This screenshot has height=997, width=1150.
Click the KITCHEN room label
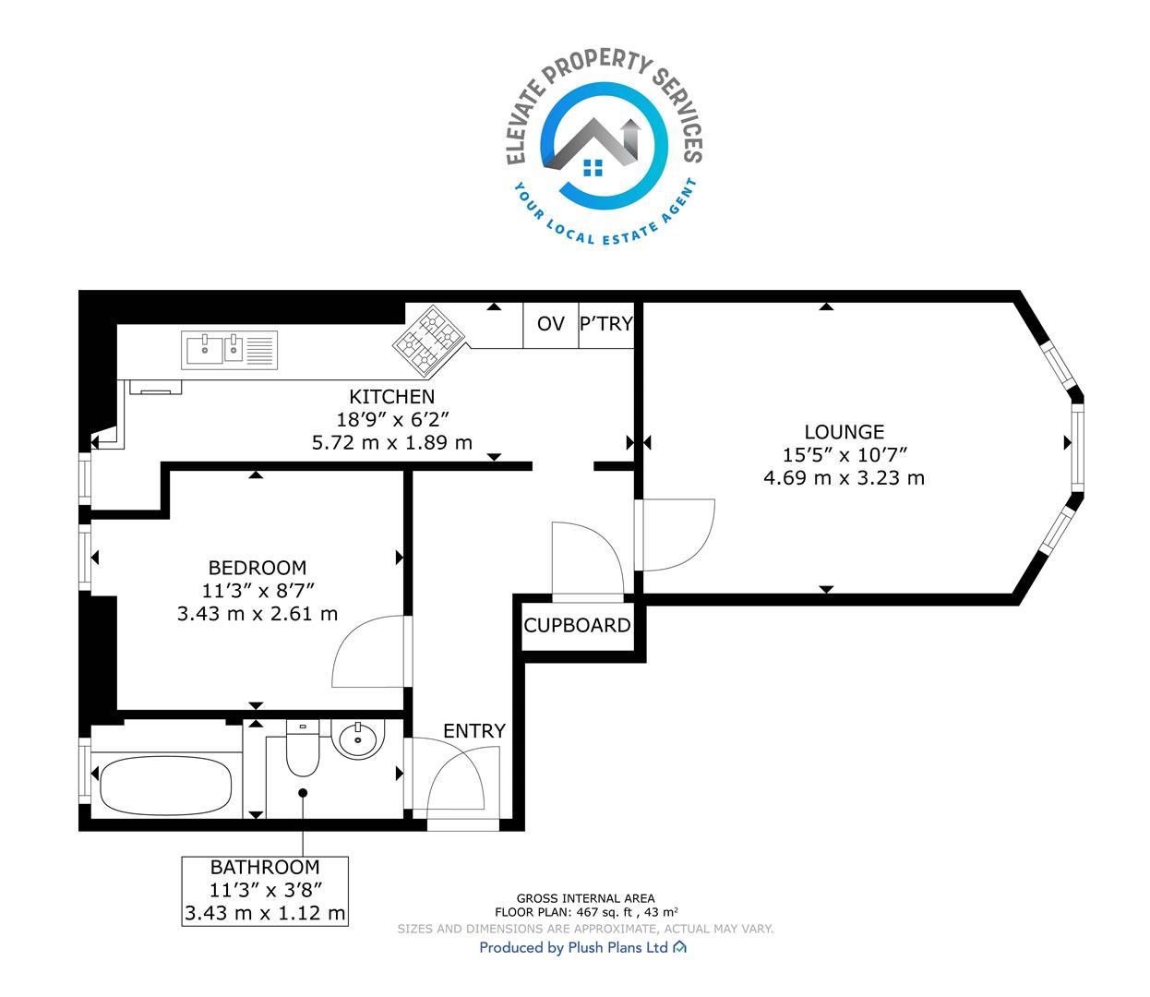point(391,397)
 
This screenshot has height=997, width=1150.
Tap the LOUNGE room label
point(844,432)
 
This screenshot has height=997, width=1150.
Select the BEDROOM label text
point(257,568)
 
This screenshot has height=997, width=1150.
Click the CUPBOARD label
point(578,625)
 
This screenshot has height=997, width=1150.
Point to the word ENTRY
point(474,730)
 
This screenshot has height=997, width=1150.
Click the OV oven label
point(551,324)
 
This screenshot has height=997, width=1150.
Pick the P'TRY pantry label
point(606,324)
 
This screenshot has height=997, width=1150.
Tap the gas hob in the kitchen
point(428,340)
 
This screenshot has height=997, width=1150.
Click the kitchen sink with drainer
point(229,350)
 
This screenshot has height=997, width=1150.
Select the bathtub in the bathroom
point(165,786)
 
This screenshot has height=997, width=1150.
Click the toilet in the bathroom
point(303,748)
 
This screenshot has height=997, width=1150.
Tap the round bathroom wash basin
point(358,737)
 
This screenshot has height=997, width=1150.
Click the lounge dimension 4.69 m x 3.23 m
point(844,478)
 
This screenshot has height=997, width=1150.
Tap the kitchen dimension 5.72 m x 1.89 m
point(391,443)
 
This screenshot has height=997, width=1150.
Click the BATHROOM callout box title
point(265,868)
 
